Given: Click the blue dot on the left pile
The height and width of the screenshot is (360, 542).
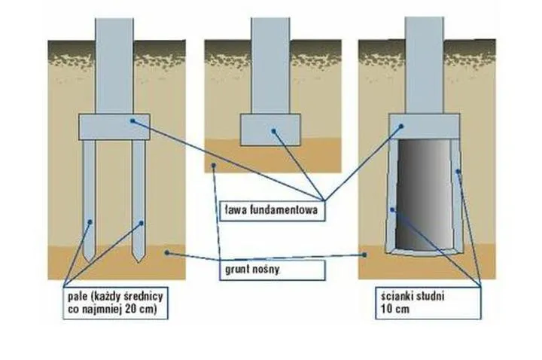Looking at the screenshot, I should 90,221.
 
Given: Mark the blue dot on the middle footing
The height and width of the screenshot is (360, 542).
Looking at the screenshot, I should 275,132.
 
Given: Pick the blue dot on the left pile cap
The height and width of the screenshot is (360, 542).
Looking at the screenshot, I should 132,120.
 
